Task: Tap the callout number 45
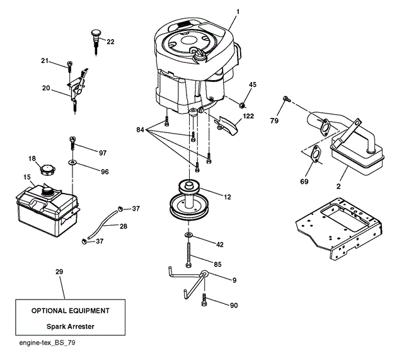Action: [253, 84]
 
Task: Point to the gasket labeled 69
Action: [313, 154]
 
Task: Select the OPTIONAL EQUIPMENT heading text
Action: [71, 311]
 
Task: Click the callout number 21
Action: [45, 60]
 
